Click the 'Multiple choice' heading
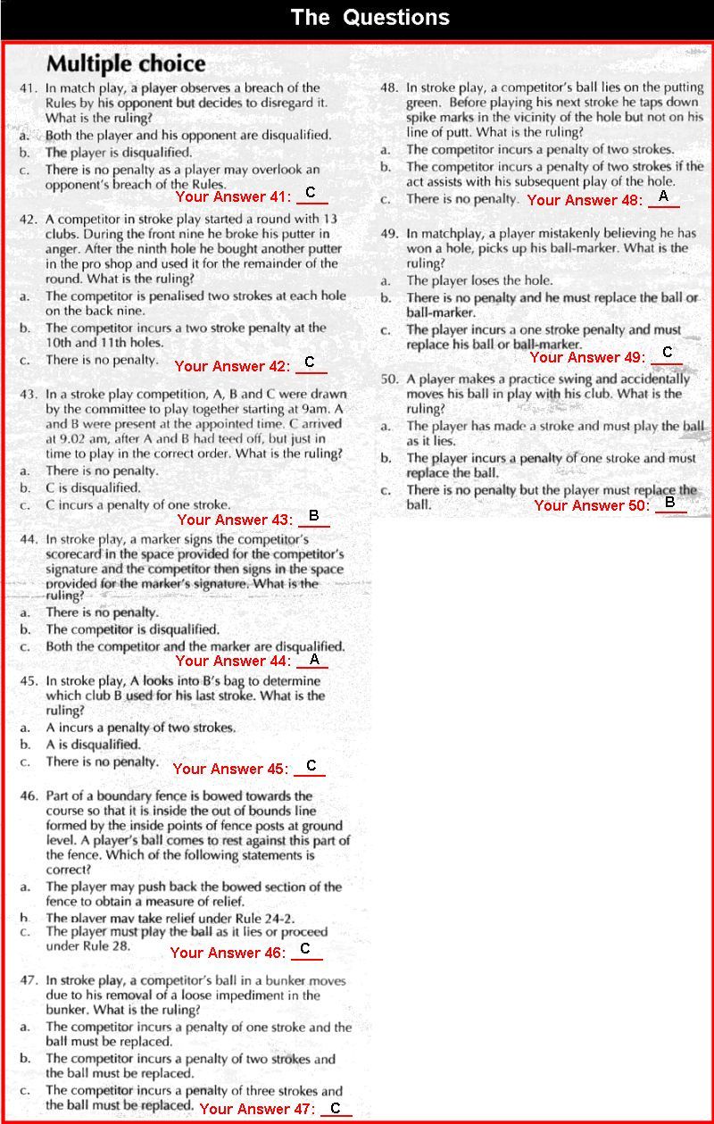(x=126, y=63)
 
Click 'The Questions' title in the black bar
(x=370, y=18)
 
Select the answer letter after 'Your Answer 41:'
(x=311, y=193)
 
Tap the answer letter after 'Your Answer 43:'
(x=313, y=516)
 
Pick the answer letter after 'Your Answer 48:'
(x=663, y=196)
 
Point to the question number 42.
(x=28, y=218)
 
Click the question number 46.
(x=28, y=795)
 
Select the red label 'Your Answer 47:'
(x=257, y=1109)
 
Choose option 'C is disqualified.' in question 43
(x=93, y=488)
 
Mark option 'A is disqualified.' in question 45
(x=93, y=745)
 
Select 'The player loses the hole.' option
(x=479, y=280)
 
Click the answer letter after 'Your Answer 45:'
(x=311, y=766)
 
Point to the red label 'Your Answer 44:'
(x=233, y=662)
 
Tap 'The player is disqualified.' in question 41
(x=118, y=153)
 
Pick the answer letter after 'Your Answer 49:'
(x=667, y=353)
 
